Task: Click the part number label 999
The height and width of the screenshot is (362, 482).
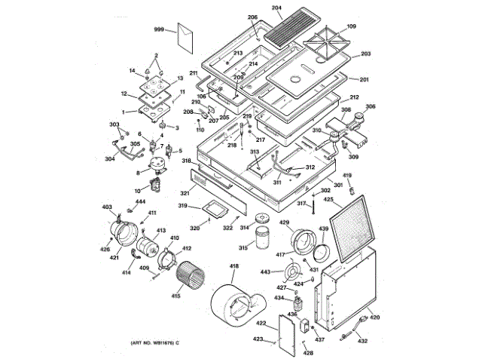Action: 159,29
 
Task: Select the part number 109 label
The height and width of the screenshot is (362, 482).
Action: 351,28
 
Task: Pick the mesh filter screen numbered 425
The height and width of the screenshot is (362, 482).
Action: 352,225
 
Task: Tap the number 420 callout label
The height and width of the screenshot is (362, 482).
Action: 374,318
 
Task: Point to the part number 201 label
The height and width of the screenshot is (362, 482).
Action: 365,80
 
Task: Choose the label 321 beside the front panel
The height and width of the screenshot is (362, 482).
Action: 184,194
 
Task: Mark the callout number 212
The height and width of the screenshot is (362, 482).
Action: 354,98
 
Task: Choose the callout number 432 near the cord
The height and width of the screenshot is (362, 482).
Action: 363,342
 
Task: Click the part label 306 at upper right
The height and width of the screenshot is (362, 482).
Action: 371,107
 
